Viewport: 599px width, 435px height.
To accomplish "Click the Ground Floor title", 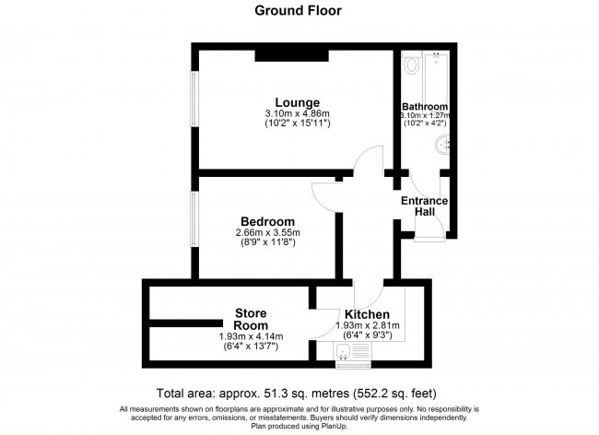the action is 298,10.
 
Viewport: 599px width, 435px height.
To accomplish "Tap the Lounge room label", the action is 298,102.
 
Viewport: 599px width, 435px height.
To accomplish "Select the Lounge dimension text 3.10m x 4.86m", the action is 298,113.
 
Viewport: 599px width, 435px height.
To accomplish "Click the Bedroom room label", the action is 267,221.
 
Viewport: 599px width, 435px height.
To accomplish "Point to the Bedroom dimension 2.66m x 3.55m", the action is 268,232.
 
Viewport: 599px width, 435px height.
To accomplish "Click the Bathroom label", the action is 425,106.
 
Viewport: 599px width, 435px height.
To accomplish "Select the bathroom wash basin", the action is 442,146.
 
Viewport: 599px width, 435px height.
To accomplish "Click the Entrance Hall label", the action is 425,206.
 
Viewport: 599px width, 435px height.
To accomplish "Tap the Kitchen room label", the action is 367,314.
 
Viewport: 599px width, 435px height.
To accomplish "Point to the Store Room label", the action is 251,319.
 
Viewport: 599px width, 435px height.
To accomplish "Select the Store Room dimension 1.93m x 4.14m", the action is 251,336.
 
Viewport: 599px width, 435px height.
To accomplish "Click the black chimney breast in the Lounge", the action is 292,55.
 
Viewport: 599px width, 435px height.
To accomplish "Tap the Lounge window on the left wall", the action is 194,99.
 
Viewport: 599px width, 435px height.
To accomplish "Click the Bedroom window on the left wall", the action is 194,218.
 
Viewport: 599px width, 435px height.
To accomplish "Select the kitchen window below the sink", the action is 353,366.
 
